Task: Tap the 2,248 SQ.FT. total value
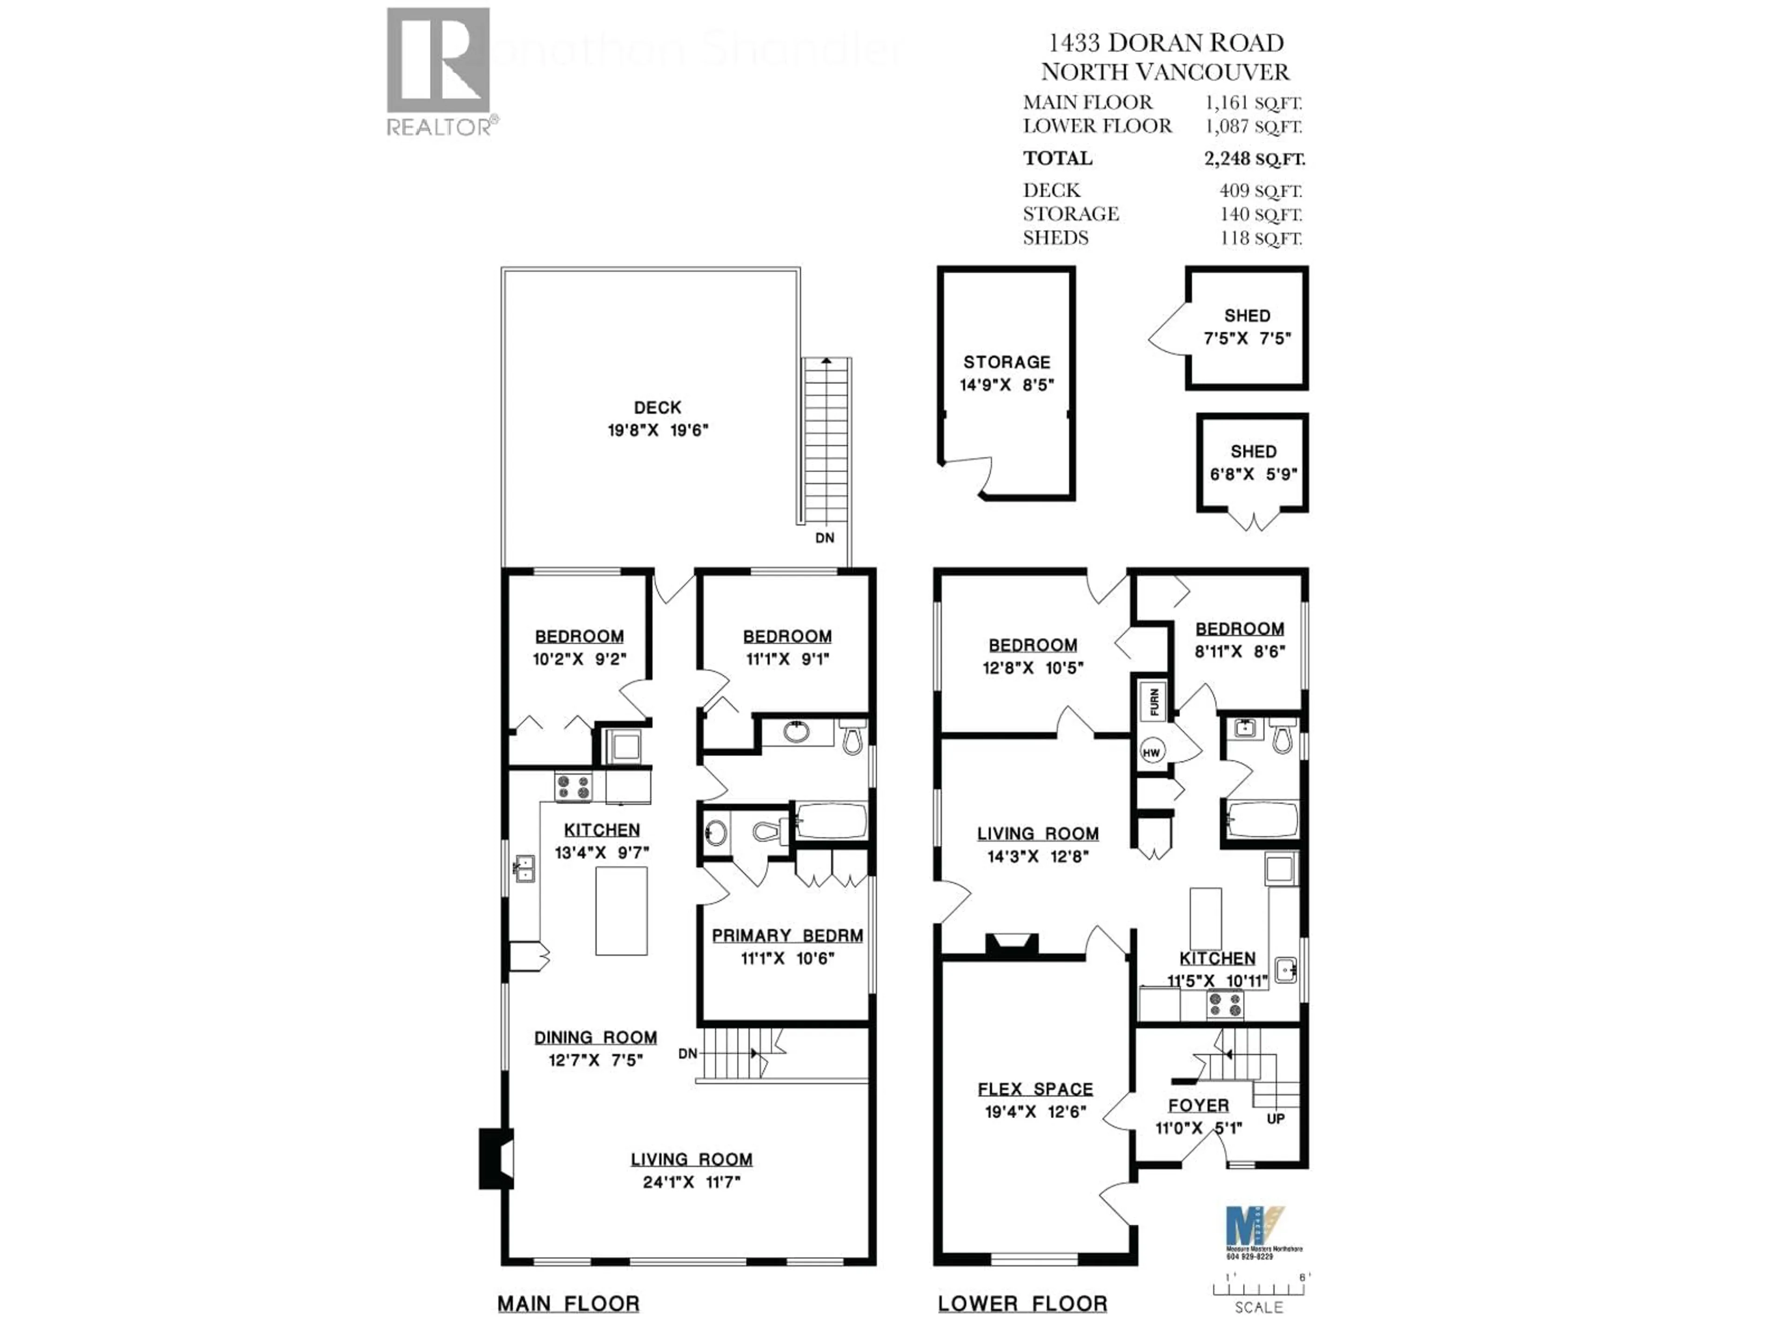click(1254, 158)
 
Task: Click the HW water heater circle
click(1151, 752)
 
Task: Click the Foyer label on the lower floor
click(1198, 1105)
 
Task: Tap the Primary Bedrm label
click(787, 935)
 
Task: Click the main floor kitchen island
click(621, 910)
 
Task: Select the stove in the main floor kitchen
click(573, 786)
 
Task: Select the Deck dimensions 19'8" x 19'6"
click(658, 430)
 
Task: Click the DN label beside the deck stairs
click(824, 537)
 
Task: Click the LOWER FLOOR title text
click(1022, 1303)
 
